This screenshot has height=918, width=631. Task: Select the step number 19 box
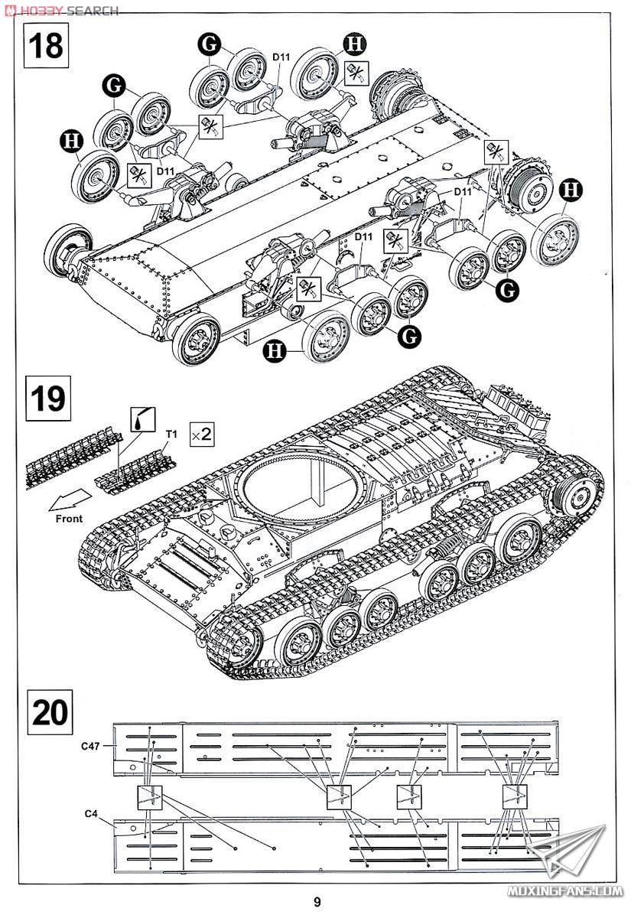click(47, 398)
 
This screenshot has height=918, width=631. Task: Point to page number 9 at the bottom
click(317, 901)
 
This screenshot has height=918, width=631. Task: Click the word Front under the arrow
click(68, 518)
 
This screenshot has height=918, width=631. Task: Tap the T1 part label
click(172, 435)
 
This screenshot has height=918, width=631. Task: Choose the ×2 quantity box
click(202, 435)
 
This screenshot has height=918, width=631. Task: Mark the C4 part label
click(90, 812)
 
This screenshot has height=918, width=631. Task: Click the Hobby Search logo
click(61, 10)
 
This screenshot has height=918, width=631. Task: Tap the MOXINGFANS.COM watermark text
click(569, 891)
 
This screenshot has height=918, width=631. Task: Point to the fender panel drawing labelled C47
click(337, 749)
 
